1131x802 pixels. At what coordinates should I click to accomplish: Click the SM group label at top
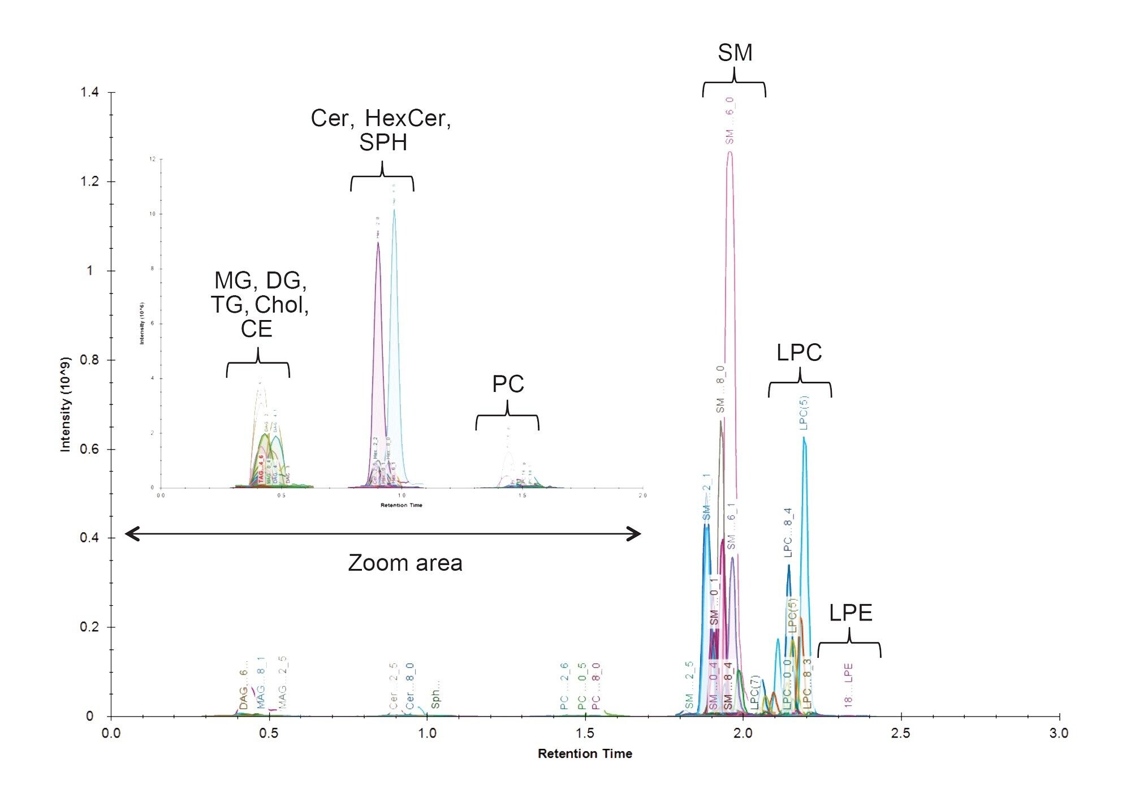pyautogui.click(x=735, y=53)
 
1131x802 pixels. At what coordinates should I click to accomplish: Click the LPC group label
pyautogui.click(x=798, y=352)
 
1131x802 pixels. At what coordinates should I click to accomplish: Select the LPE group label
pyautogui.click(x=851, y=613)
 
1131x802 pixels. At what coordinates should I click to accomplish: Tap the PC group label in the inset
pyautogui.click(x=508, y=384)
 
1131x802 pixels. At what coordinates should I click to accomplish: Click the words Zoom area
pyautogui.click(x=405, y=563)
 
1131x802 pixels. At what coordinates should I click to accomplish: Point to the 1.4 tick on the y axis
pyautogui.click(x=89, y=92)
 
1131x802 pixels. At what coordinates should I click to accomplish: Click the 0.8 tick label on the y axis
pyautogui.click(x=89, y=360)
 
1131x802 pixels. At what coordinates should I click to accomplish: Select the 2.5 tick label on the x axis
pyautogui.click(x=901, y=733)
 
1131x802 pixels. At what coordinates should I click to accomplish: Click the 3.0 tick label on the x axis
pyautogui.click(x=1059, y=733)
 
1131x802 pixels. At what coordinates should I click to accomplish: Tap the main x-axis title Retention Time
pyautogui.click(x=585, y=753)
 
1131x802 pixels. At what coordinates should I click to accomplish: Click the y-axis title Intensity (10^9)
pyautogui.click(x=66, y=404)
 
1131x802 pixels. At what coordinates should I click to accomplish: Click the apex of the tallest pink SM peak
pyautogui.click(x=729, y=152)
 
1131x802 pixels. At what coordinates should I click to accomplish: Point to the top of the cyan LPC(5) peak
pyautogui.click(x=804, y=437)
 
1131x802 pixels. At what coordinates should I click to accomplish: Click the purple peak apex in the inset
pyautogui.click(x=378, y=243)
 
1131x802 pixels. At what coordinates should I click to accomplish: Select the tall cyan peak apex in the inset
pyautogui.click(x=394, y=210)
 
